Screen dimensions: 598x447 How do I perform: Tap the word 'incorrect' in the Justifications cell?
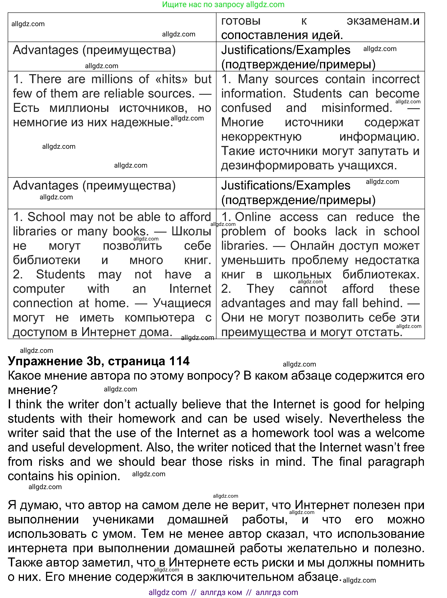pos(395,79)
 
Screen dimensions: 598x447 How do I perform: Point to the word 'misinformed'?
pos(356,108)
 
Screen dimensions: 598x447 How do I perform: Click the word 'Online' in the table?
pos(253,217)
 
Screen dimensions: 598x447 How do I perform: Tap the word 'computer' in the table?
pos(39,289)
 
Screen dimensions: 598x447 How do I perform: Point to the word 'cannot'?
pos(308,289)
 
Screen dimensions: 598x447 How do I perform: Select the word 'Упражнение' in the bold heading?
pos(45,361)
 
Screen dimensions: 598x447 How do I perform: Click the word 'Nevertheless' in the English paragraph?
pos(365,418)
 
